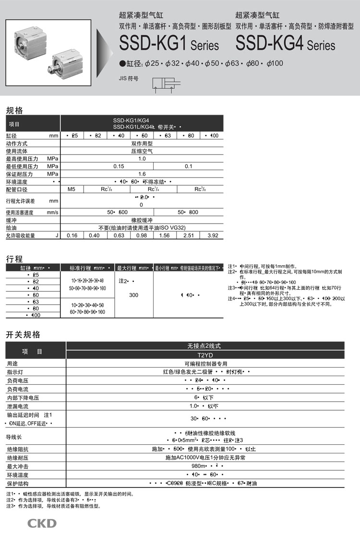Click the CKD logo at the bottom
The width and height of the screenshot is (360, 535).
(x=42, y=523)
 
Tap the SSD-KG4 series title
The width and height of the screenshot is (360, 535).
(x=286, y=45)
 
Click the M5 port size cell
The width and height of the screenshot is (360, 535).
(x=72, y=190)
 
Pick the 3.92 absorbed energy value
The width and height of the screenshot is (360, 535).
(x=212, y=236)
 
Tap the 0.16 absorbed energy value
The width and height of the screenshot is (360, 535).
(x=72, y=236)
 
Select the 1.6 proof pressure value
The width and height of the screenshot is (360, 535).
(x=142, y=174)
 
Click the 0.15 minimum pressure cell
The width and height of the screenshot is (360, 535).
(x=119, y=166)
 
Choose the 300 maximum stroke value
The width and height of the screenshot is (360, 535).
(x=134, y=295)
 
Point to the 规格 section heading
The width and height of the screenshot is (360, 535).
(x=14, y=110)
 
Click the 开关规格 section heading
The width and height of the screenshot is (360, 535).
(x=23, y=335)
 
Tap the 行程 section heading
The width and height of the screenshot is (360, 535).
(x=14, y=259)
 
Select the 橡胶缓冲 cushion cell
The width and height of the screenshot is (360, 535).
(x=142, y=220)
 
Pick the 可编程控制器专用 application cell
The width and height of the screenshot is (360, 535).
(x=205, y=364)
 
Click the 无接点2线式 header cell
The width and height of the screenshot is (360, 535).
(x=205, y=346)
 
